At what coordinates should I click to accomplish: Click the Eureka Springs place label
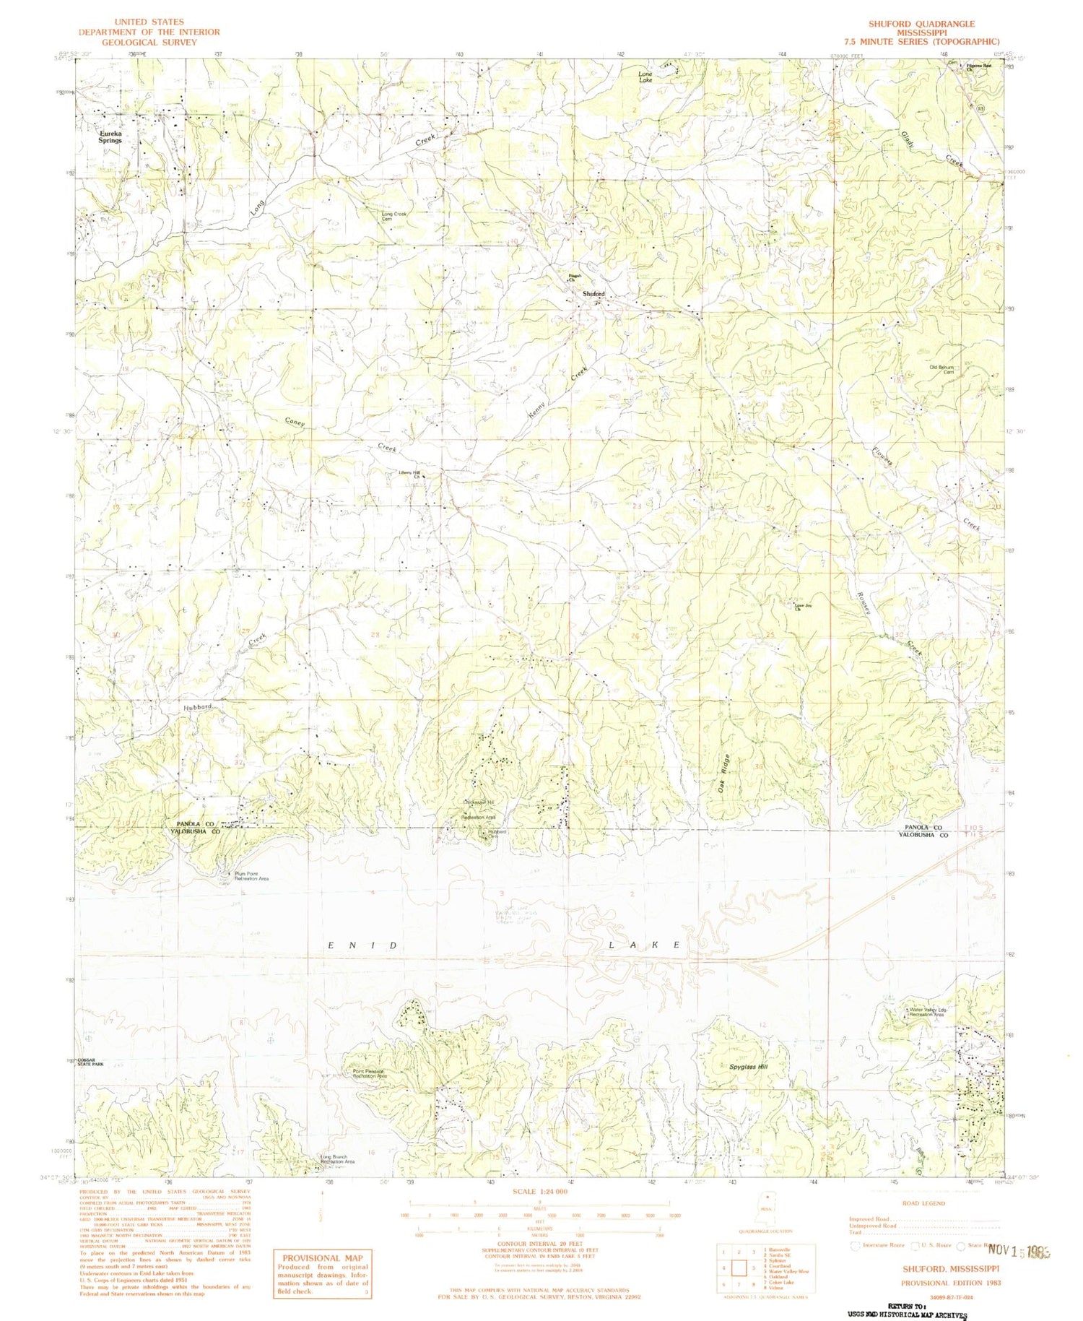coord(110,137)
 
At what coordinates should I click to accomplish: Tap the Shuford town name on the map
coord(593,294)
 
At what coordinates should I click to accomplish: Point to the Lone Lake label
coord(645,77)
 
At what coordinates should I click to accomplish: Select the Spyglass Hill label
coord(748,1066)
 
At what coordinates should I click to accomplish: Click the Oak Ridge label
coord(725,774)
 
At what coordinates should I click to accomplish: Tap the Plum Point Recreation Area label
coord(251,876)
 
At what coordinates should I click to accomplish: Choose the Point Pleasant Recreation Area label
coord(370,1074)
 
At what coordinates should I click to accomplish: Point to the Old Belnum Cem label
coord(941,369)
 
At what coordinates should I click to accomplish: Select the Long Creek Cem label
coord(394,216)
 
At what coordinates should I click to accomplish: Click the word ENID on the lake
coord(362,945)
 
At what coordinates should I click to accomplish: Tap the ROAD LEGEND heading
coord(923,1203)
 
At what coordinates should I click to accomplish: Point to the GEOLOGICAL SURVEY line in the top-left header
coord(149,42)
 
